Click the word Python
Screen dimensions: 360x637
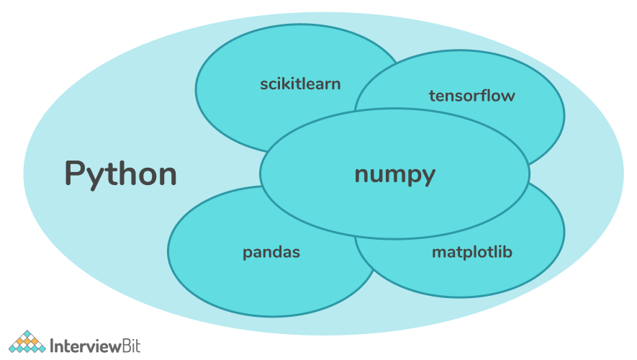[x=120, y=174]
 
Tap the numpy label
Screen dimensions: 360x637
[x=394, y=174]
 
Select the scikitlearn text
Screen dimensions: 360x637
[x=300, y=84]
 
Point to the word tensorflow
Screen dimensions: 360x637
[x=471, y=96]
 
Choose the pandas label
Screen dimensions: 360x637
[x=271, y=253]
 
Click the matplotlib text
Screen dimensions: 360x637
[x=471, y=253]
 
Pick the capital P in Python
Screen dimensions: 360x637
[x=76, y=174]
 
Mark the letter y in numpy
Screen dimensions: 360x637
[x=428, y=177]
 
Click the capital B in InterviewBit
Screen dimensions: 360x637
[x=123, y=345]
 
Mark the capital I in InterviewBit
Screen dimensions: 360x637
[x=53, y=345]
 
